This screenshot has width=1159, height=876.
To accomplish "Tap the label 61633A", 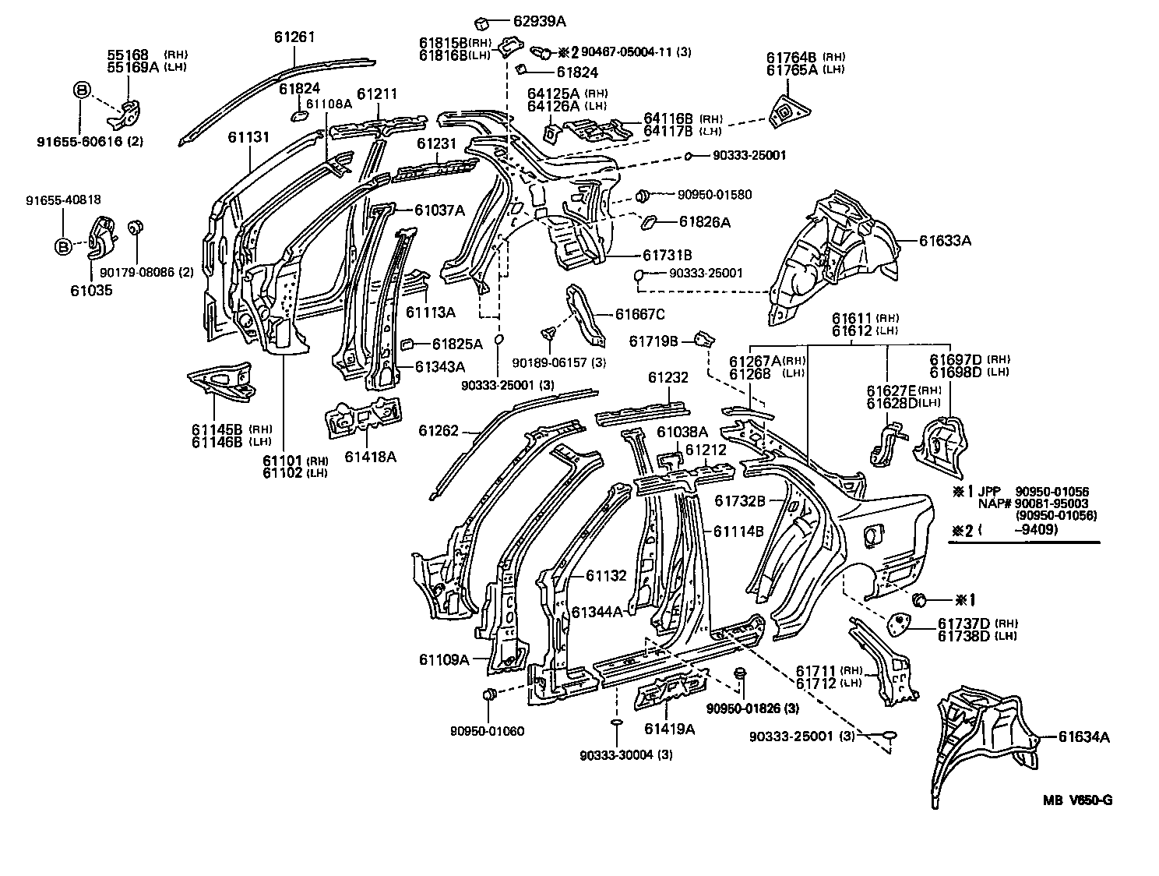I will pos(945,241).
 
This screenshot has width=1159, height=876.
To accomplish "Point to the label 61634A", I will pos(1083,736).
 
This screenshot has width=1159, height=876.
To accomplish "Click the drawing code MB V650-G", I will pos(1078,801).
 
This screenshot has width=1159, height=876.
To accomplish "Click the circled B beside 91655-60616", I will pos(81,90).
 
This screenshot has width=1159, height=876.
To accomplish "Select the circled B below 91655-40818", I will pos(63,247).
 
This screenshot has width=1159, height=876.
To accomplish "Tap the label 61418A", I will pos(370,456).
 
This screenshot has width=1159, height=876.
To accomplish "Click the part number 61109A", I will pos(444,659).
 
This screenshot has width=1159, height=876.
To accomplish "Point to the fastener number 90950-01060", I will pos(487,731).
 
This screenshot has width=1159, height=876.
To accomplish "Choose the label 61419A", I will pos(669,729).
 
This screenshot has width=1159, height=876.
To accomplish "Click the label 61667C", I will pos(639,314).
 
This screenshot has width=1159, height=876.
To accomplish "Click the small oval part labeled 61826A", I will pos(648,224).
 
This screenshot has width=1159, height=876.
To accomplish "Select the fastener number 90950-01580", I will pos(714,195).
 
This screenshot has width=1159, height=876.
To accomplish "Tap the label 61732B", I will pos(741,500).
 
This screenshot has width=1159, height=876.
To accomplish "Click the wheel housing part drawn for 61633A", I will pos(833,257).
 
